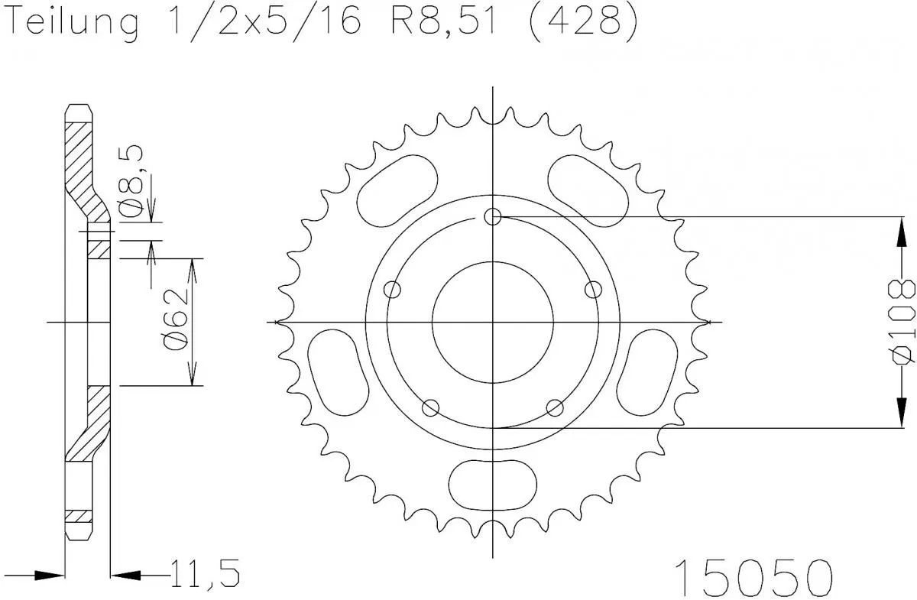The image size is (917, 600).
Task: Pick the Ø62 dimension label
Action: [175, 322]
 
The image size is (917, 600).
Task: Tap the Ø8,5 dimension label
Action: [134, 181]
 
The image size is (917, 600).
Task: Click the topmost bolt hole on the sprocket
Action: [493, 217]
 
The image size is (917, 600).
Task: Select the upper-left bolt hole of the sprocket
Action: [393, 290]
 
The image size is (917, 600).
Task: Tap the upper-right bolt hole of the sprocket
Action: [593, 290]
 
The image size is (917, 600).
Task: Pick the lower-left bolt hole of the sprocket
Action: [431, 407]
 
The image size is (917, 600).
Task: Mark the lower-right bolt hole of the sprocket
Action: [555, 407]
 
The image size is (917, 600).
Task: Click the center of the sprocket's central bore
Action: [493, 322]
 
